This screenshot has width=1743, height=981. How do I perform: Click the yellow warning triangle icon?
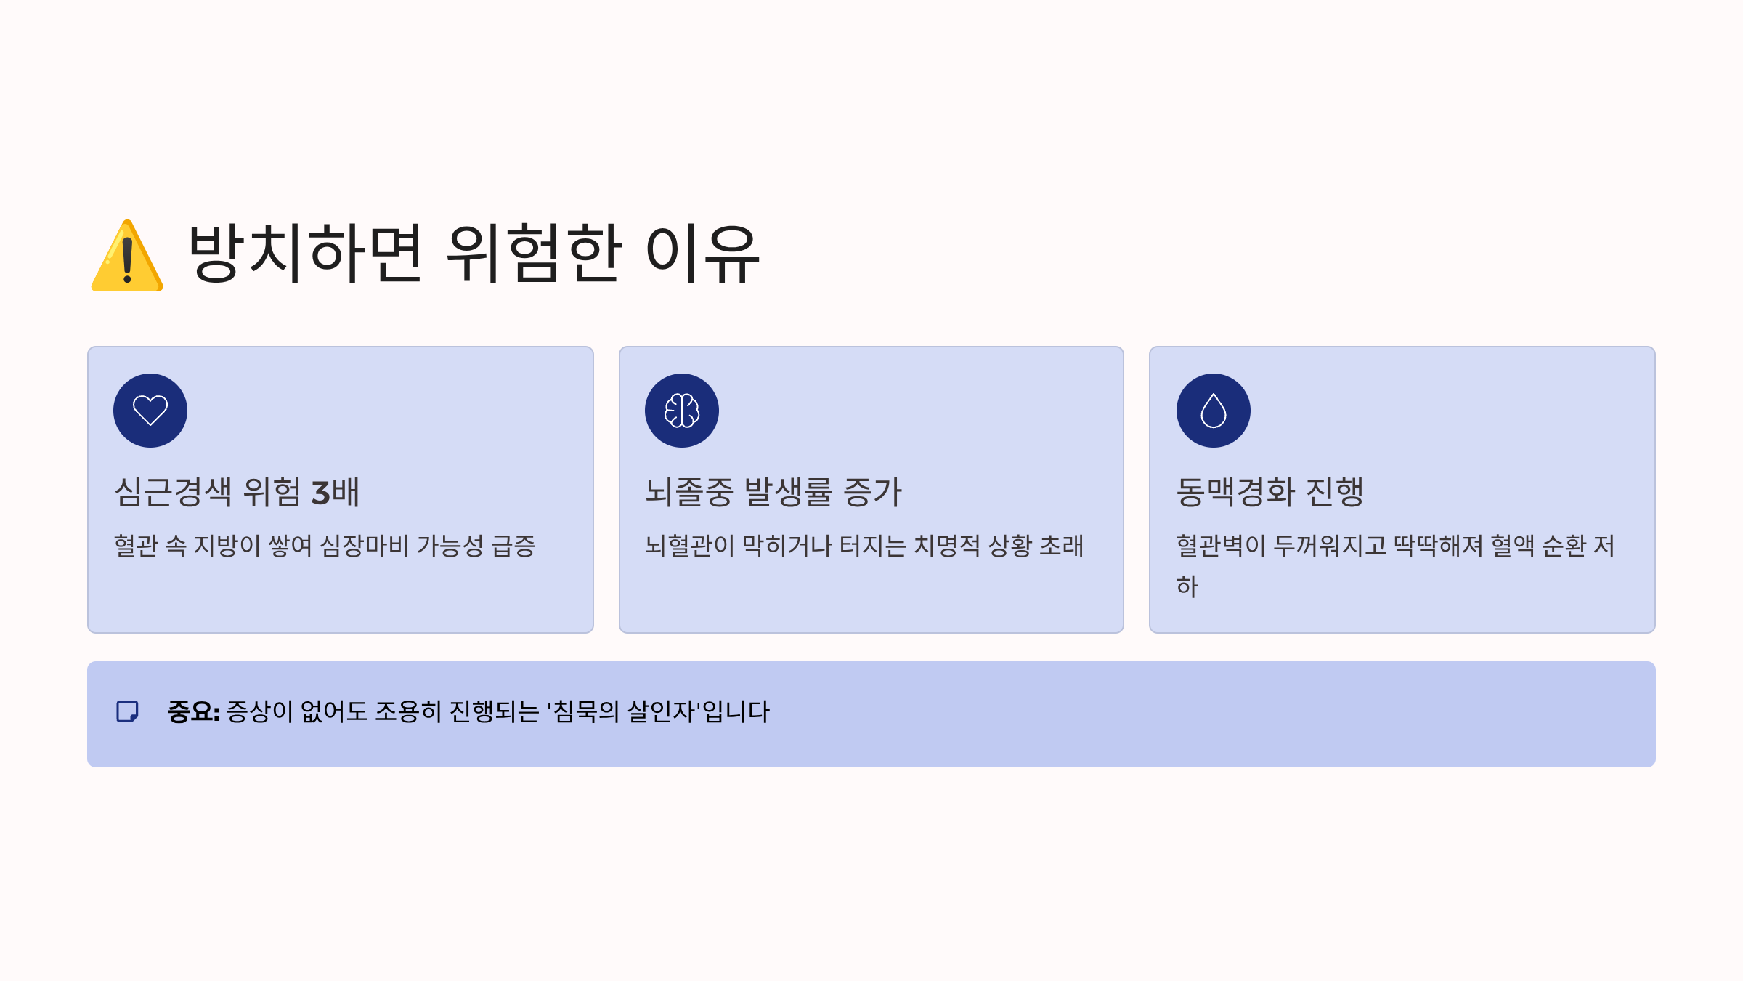(127, 257)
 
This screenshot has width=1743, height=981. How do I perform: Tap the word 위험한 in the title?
(534, 253)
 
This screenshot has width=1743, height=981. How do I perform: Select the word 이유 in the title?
(702, 253)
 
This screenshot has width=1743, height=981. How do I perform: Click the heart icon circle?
(150, 411)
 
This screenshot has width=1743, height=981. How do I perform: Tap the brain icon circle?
(682, 411)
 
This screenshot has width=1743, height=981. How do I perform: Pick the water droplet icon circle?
(1214, 411)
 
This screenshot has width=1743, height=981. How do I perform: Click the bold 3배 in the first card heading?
(336, 492)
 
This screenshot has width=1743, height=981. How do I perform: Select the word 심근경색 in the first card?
(174, 492)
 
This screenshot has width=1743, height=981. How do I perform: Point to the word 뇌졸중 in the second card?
(690, 492)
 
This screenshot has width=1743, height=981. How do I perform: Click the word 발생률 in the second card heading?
(789, 492)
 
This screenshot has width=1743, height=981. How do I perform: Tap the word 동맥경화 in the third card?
(1235, 492)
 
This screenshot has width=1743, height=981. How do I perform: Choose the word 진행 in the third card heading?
(1335, 492)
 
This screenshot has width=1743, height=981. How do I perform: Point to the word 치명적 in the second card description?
(946, 546)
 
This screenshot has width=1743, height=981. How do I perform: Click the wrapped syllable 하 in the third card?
(1187, 586)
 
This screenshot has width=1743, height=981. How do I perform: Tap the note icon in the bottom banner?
(128, 711)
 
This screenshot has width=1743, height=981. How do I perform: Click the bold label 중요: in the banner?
(193, 711)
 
